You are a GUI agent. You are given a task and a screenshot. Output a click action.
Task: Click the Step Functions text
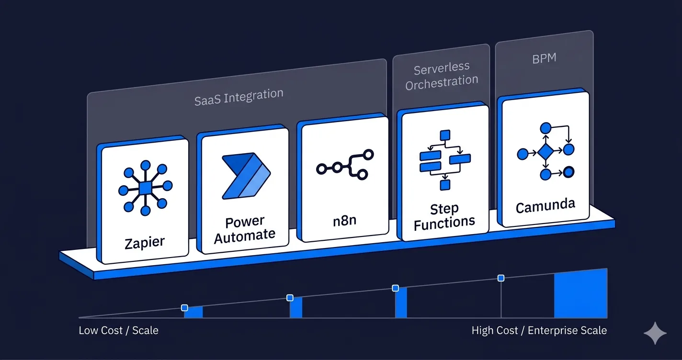[444, 216]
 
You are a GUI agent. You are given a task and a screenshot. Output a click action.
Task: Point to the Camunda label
[546, 205]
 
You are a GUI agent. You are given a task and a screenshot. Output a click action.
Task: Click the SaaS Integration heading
[239, 97]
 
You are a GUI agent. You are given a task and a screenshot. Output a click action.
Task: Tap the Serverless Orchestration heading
[442, 76]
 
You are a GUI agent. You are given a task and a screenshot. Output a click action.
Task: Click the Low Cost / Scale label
[118, 330]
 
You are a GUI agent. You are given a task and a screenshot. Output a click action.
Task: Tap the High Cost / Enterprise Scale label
[539, 330]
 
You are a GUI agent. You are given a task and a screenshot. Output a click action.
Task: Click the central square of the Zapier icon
[145, 187]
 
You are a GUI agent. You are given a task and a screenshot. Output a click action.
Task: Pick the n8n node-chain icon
[345, 164]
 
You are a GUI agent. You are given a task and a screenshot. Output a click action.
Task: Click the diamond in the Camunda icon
[546, 153]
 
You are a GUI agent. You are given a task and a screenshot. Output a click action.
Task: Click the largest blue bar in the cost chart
[580, 294]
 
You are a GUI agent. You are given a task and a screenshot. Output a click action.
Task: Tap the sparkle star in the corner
[655, 333]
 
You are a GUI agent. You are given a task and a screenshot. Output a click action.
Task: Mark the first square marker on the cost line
[184, 308]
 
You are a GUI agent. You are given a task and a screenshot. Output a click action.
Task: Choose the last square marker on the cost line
[501, 278]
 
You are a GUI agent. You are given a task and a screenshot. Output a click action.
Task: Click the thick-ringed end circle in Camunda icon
[568, 172]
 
